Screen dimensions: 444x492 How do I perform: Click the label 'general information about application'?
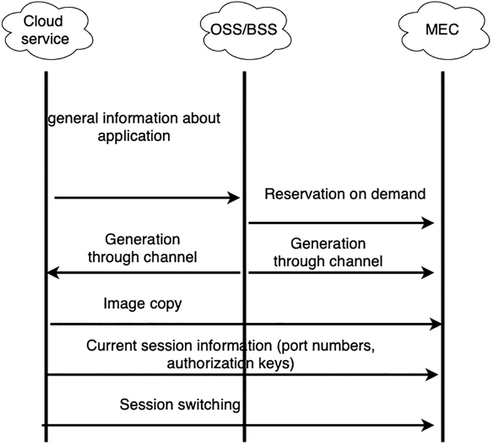pyautogui.click(x=134, y=127)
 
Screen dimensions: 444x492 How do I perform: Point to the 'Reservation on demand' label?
pyautogui.click(x=345, y=194)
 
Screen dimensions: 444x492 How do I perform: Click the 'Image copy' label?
pyautogui.click(x=143, y=303)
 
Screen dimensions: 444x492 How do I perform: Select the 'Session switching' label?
pyautogui.click(x=180, y=404)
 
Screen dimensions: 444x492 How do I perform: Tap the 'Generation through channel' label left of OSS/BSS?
pyautogui.click(x=143, y=248)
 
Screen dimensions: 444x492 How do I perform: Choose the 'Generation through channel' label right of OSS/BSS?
pyautogui.click(x=328, y=252)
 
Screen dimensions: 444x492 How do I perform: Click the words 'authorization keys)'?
pyautogui.click(x=230, y=363)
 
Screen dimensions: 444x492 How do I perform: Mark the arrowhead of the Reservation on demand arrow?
pyautogui.click(x=428, y=223)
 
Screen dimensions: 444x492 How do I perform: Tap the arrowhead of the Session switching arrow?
pyautogui.click(x=428, y=425)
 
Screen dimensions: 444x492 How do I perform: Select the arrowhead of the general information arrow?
pyautogui.click(x=234, y=198)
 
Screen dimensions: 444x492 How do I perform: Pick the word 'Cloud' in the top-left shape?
pyautogui.click(x=44, y=21)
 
